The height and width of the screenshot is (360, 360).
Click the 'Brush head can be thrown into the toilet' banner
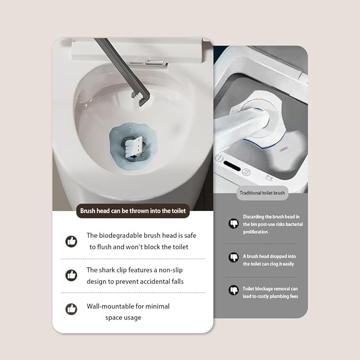click(133, 211)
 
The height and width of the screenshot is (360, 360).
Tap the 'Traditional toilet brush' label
click(262, 193)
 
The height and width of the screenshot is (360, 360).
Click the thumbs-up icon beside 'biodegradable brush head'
click(71, 241)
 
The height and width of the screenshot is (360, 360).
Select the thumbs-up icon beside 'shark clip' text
click(71, 275)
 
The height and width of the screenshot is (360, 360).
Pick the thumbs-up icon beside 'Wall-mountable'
click(71, 309)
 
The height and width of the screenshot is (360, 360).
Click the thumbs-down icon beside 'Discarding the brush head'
click(233, 223)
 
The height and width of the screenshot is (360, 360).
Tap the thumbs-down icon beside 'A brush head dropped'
click(233, 257)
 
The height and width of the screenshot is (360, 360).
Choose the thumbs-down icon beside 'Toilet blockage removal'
click(233, 290)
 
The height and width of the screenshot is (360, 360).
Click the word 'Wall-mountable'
click(111, 306)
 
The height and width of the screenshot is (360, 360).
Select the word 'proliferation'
click(256, 232)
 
